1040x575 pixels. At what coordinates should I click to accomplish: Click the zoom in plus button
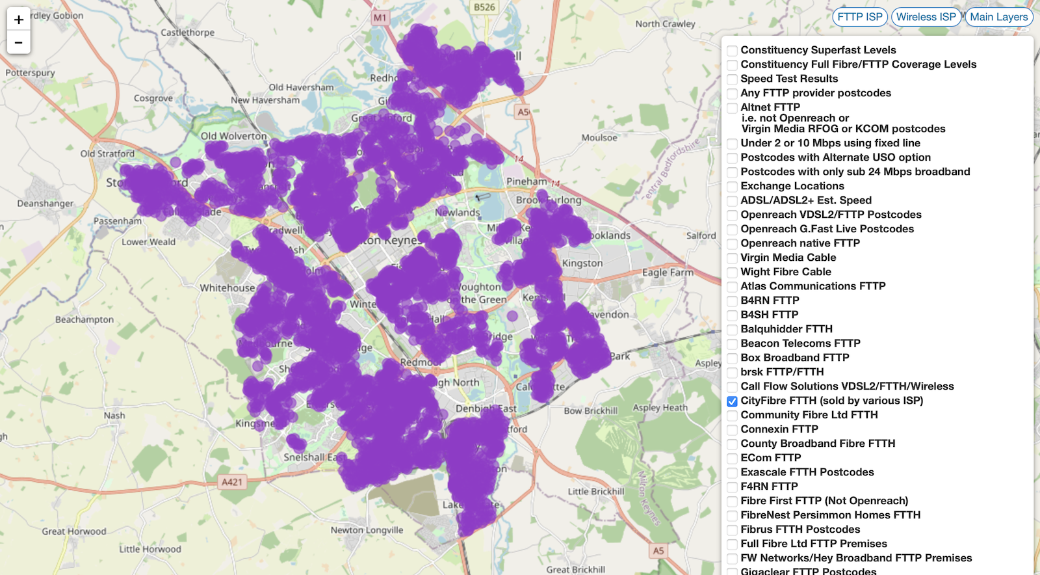(x=18, y=20)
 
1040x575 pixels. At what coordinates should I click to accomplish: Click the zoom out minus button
(x=18, y=43)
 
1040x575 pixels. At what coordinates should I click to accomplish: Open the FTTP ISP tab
(x=859, y=17)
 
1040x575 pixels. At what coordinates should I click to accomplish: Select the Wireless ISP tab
(x=926, y=17)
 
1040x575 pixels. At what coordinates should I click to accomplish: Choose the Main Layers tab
(x=998, y=17)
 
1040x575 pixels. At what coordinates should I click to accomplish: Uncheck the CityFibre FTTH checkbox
(x=732, y=401)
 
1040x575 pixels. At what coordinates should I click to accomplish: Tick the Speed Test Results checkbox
(x=732, y=79)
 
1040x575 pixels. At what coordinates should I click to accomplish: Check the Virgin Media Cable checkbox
(x=732, y=258)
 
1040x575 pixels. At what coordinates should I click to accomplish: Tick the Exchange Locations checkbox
(x=732, y=187)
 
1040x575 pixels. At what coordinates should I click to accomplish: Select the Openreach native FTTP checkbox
(x=732, y=244)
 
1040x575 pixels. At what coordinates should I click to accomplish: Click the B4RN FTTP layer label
(x=770, y=301)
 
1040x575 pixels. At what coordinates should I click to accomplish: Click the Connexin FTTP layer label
(x=779, y=429)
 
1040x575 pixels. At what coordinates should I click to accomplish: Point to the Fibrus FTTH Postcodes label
(x=799, y=529)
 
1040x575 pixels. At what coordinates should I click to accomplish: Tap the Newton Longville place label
(x=367, y=530)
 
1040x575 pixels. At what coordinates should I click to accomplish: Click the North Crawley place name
(x=665, y=24)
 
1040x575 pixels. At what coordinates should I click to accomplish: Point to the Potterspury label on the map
(x=30, y=73)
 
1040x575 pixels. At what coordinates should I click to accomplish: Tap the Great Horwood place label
(x=73, y=531)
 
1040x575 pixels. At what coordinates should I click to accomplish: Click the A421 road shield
(x=232, y=482)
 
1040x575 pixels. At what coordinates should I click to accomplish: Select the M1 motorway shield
(x=380, y=18)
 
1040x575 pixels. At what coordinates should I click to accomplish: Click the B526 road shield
(x=484, y=7)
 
